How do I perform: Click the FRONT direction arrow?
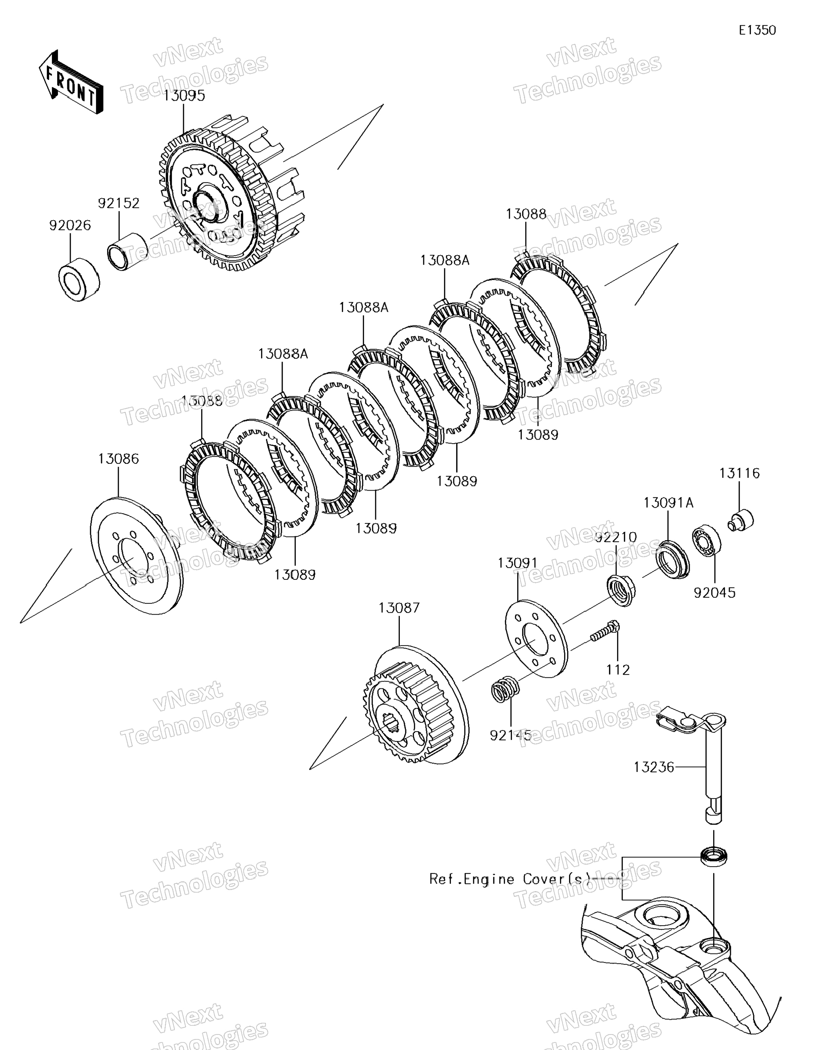point(71,83)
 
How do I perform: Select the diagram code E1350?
point(757,30)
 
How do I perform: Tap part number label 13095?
point(183,95)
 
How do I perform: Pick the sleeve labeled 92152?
point(127,252)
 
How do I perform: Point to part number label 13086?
point(118,459)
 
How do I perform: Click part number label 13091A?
point(668,503)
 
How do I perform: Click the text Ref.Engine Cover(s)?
point(511,879)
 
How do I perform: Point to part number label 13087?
point(399,608)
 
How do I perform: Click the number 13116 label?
point(739,473)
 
